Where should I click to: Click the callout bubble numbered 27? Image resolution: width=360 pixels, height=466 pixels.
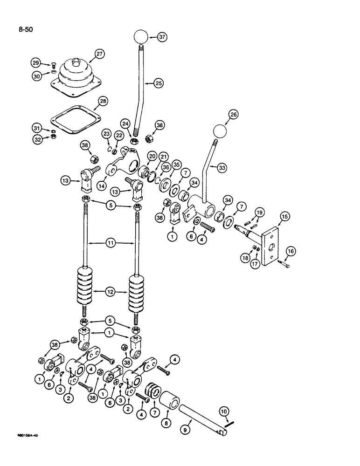click(99, 54)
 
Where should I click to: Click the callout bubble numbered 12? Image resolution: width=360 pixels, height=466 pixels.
click(110, 293)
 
